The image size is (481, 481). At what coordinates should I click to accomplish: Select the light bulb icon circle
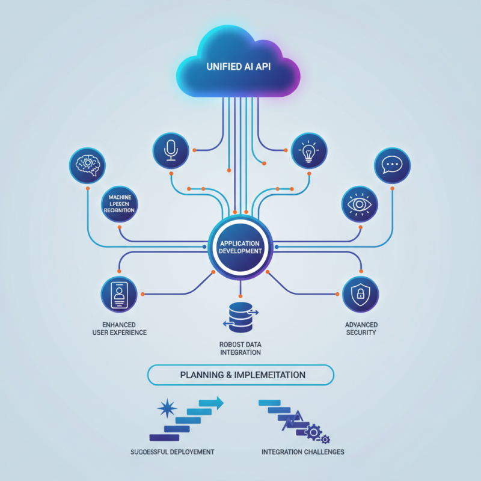pyautogui.click(x=309, y=150)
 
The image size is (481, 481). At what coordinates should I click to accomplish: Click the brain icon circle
pyautogui.click(x=87, y=165)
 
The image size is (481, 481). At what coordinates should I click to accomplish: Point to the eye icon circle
pyautogui.click(x=360, y=204)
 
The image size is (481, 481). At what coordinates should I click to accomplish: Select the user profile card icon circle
pyautogui.click(x=118, y=295)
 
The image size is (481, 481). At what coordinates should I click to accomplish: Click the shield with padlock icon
pyautogui.click(x=360, y=295)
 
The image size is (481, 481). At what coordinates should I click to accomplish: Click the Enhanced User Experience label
pyautogui.click(x=119, y=328)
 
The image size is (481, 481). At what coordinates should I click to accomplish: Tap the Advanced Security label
pyautogui.click(x=361, y=328)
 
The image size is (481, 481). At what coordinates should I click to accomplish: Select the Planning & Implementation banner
pyautogui.click(x=240, y=375)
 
